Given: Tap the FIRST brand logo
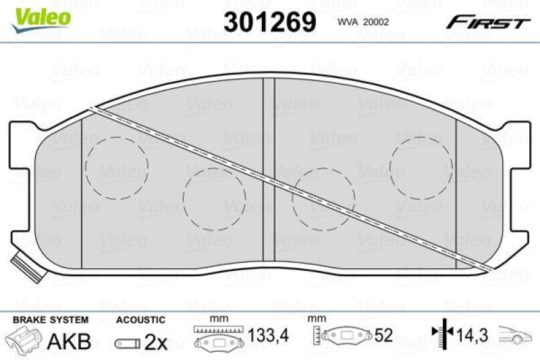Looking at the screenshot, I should pyautogui.click(x=487, y=23).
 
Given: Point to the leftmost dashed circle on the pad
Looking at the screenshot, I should pyautogui.click(x=119, y=168).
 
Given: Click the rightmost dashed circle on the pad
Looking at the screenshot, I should pyautogui.click(x=422, y=165).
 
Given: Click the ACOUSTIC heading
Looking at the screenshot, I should pyautogui.click(x=140, y=319).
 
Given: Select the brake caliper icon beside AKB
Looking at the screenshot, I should pyautogui.click(x=25, y=340).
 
